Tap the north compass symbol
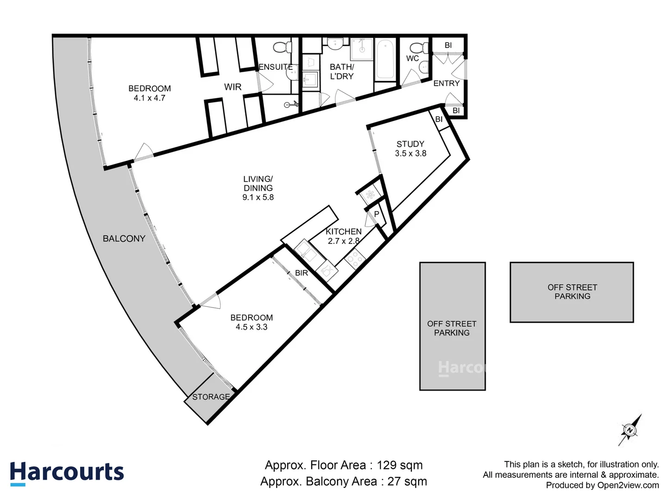[630, 430]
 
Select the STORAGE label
[211, 397]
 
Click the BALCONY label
[124, 238]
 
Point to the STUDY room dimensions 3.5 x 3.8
[410, 153]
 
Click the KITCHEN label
[343, 231]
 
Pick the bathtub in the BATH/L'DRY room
[385, 60]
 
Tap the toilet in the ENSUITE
[282, 47]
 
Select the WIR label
[233, 87]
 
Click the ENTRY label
[446, 83]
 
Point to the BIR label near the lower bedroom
[301, 273]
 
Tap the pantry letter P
[377, 214]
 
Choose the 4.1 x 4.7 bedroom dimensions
[149, 98]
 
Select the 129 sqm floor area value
[399, 465]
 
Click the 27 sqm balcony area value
[407, 481]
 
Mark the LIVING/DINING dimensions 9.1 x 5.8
[258, 197]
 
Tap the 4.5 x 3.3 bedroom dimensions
[251, 327]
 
